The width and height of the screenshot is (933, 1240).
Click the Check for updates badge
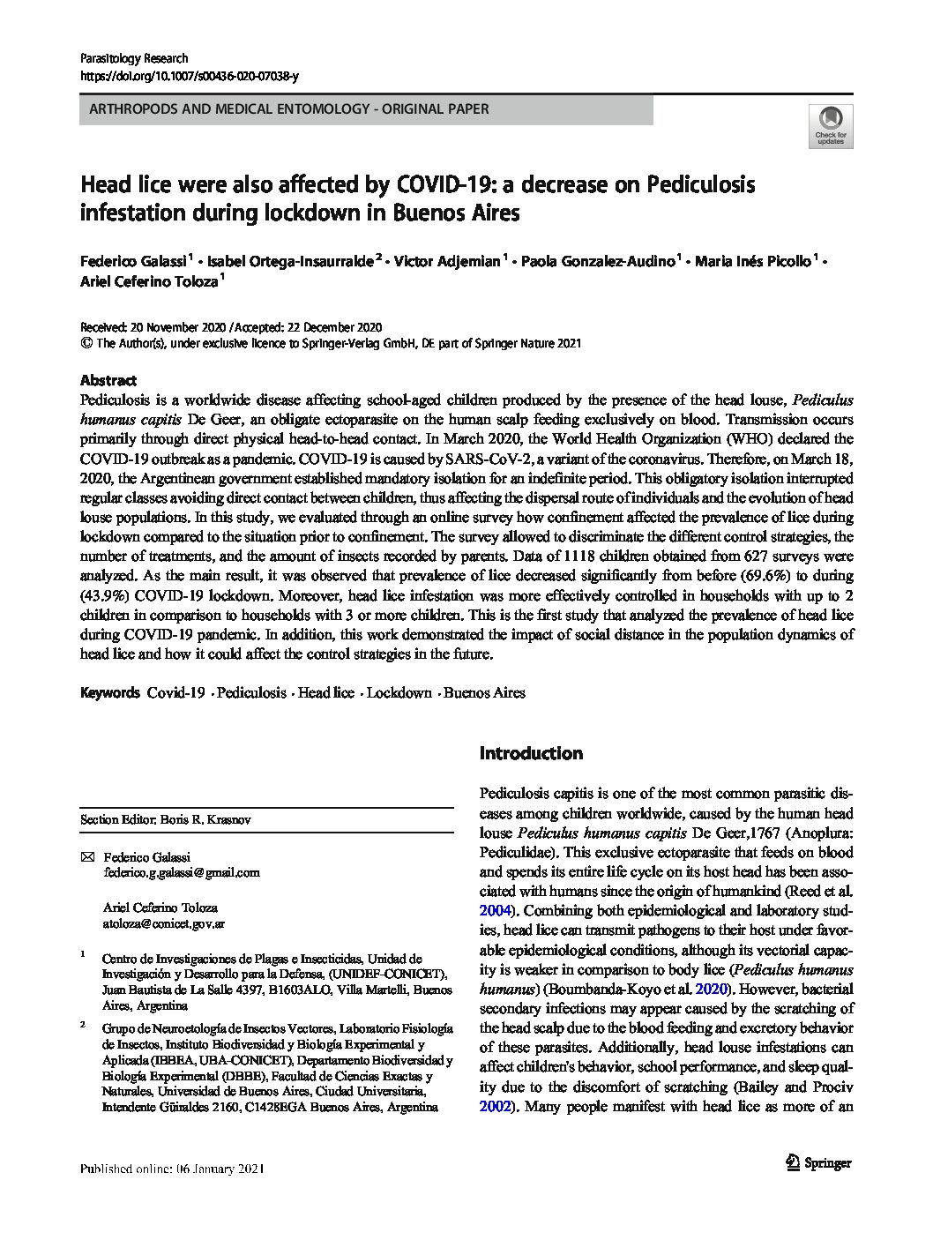point(831,125)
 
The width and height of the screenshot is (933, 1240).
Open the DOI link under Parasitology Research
point(189,77)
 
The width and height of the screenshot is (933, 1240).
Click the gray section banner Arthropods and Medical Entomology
point(366,110)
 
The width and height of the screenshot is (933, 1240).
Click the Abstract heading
point(108,381)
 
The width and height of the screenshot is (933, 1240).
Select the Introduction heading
point(531,753)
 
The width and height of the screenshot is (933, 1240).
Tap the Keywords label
point(109,693)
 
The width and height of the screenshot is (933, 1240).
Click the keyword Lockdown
point(399,693)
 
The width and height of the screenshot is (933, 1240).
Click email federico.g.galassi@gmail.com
point(182,872)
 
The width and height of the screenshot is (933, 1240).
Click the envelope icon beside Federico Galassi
point(86,857)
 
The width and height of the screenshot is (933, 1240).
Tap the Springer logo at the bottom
point(818,1162)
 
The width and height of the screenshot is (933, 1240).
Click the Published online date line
point(172,1169)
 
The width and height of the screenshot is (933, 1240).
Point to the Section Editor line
point(166,819)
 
